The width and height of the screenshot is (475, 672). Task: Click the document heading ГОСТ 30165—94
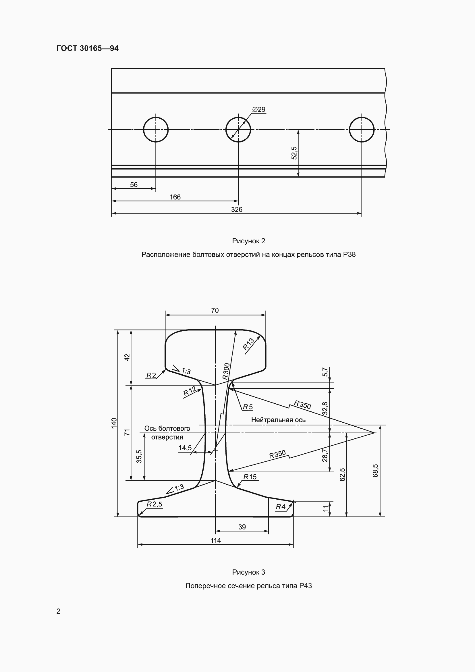[88, 48]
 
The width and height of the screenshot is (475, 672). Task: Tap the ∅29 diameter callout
[258, 109]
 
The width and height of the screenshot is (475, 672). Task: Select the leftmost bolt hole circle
[156, 130]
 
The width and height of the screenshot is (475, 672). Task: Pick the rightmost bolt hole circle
[362, 130]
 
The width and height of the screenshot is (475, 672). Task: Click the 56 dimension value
[134, 185]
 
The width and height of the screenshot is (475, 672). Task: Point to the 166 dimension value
[175, 197]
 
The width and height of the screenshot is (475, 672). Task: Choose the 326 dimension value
[237, 209]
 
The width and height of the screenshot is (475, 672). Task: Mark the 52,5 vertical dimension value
[294, 153]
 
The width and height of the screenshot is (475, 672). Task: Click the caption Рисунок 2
[249, 241]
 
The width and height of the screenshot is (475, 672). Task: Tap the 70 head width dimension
[215, 310]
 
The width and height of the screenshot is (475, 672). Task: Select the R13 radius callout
[249, 344]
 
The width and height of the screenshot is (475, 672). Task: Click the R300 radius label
[226, 371]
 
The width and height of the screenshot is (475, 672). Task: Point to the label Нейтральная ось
[278, 420]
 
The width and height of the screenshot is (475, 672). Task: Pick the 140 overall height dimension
[114, 423]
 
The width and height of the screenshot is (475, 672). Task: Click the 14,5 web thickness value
[185, 448]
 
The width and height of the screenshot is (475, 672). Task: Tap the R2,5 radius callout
[154, 504]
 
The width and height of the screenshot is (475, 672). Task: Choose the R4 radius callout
[281, 507]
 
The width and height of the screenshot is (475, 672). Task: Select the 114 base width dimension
[216, 540]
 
